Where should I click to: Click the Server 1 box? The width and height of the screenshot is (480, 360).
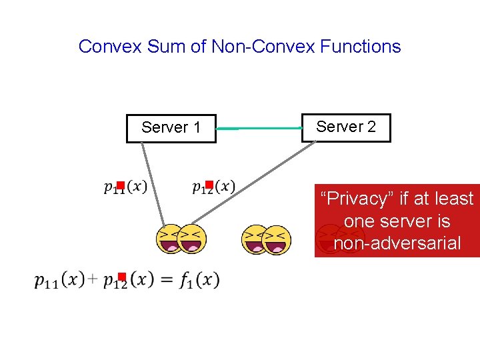(171, 128)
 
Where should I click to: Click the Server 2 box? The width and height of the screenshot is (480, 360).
(346, 127)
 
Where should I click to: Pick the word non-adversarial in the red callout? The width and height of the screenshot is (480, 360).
(397, 243)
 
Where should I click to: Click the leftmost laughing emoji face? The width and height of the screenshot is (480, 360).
(169, 240)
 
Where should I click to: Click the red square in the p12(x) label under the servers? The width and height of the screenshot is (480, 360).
(209, 185)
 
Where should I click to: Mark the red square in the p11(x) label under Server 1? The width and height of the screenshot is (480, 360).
(121, 185)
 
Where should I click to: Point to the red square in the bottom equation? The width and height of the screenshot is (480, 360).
(122, 277)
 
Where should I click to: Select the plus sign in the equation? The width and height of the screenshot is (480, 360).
(92, 279)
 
